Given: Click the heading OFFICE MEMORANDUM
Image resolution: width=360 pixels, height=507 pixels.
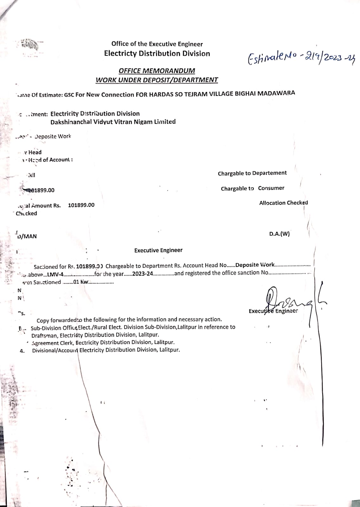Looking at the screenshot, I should click(x=157, y=71).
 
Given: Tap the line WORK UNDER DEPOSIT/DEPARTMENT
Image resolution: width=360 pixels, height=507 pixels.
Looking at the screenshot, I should click(x=157, y=80).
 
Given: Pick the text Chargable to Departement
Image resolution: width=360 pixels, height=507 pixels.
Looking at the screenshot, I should click(x=252, y=173).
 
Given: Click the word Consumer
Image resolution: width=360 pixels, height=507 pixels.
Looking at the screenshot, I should click(x=271, y=188).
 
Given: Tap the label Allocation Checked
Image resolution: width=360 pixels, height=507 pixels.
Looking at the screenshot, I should click(x=283, y=203).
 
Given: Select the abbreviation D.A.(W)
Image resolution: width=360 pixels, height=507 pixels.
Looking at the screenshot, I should click(x=279, y=234).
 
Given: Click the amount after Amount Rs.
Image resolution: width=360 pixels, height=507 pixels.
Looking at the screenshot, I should click(x=81, y=205).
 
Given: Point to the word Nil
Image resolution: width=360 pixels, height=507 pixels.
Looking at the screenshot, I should click(x=31, y=175).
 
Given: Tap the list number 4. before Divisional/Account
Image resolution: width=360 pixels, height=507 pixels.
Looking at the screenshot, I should click(x=22, y=351).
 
